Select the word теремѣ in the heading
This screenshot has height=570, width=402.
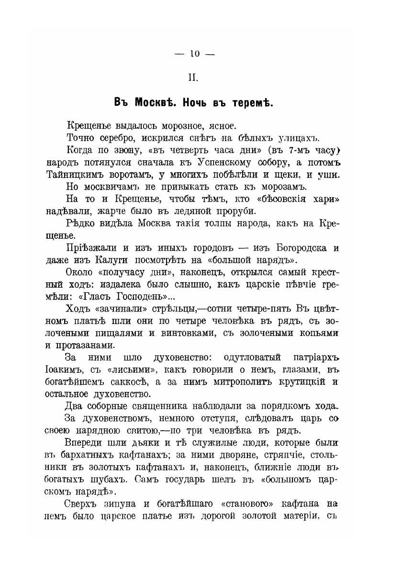point(252,102)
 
